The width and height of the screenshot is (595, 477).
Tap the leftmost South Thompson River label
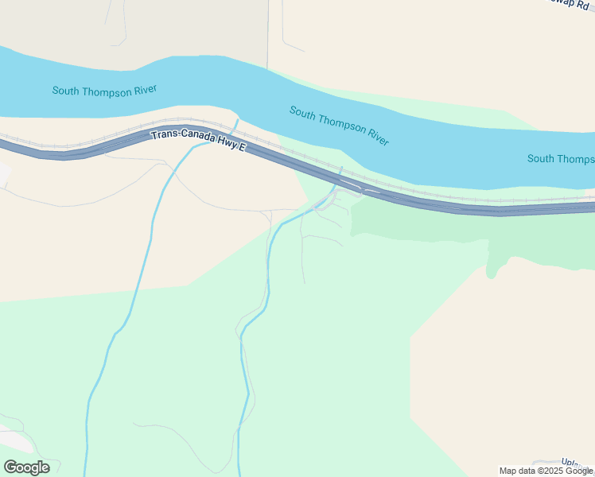[103, 91]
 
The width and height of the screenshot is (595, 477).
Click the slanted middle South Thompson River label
[339, 126]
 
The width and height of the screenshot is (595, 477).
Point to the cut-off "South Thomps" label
[560, 159]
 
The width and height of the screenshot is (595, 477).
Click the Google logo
[26, 467]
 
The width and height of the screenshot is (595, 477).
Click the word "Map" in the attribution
[509, 471]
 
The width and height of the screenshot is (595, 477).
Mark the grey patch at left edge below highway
[3, 173]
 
